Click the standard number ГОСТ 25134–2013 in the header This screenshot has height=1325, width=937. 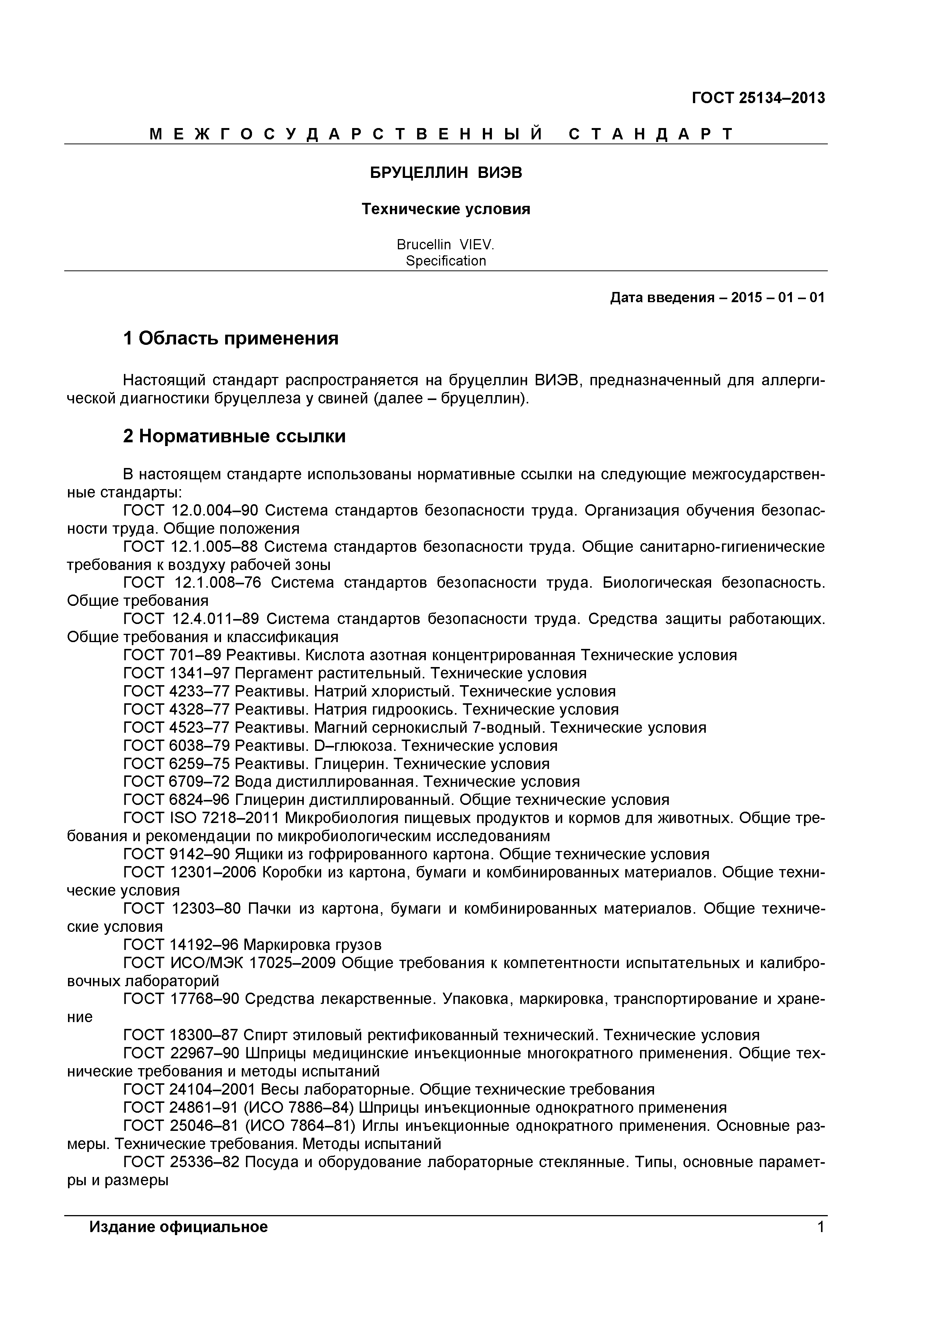coord(758,98)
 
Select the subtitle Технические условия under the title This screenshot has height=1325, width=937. coord(446,209)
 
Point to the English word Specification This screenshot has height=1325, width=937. coord(446,261)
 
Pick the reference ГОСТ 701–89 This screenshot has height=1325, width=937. coord(172,656)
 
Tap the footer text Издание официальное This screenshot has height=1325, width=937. coord(178,1227)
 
